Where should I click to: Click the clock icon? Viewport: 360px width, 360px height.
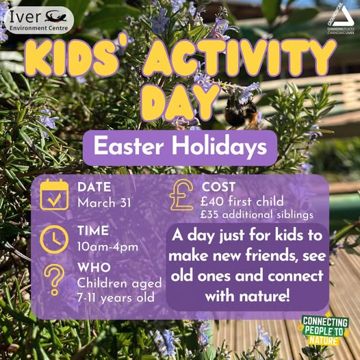coord(54,239)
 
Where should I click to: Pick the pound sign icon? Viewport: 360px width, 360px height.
coord(181,197)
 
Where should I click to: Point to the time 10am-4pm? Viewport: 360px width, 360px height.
coord(107,246)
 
